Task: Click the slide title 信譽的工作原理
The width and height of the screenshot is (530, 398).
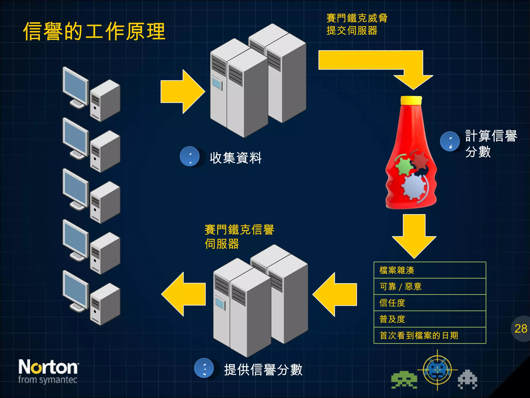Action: tap(94, 31)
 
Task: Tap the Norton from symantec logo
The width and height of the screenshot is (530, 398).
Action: tap(48, 371)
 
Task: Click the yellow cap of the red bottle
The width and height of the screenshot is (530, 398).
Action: tap(411, 100)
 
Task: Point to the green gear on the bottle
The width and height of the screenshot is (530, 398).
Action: tap(404, 166)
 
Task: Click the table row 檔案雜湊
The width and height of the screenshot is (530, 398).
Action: tap(430, 270)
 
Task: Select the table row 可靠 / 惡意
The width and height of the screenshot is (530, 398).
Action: tap(430, 287)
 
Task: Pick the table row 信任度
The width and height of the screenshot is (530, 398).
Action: tap(430, 303)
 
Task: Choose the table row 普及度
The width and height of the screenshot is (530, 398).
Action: tap(430, 319)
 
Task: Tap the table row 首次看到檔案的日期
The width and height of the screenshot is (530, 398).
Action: tap(430, 336)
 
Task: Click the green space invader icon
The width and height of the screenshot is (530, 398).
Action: tap(404, 380)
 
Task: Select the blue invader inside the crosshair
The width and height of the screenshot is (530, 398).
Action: tap(437, 370)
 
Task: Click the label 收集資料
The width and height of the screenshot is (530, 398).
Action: tap(235, 158)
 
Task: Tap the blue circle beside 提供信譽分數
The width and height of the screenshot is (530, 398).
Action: tap(204, 368)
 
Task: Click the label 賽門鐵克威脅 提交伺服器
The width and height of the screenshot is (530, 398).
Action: tap(357, 24)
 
